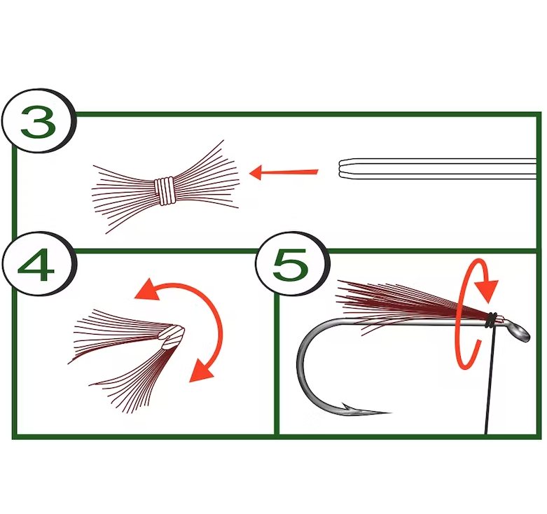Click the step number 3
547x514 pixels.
coord(38,123)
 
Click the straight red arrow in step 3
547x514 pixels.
coord(284,172)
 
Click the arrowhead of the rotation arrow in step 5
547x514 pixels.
coord(487,287)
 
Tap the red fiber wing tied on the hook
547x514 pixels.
coord(399,298)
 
